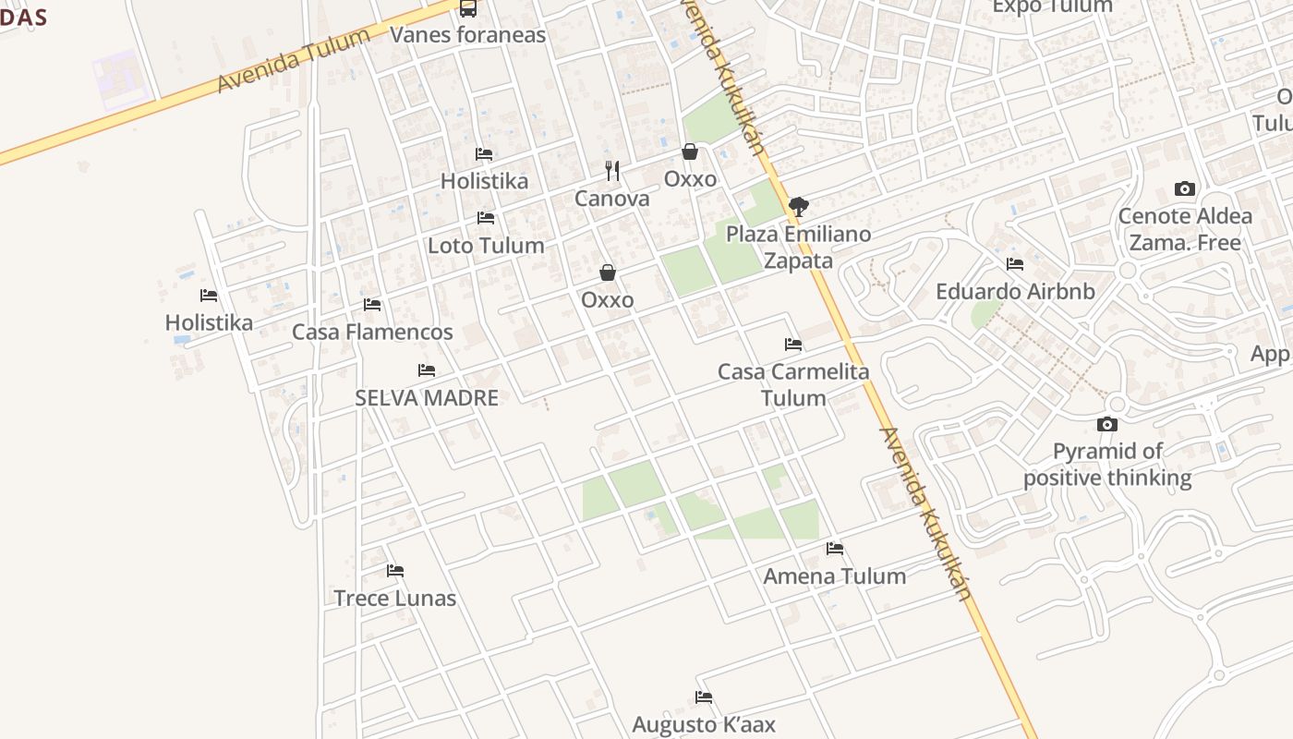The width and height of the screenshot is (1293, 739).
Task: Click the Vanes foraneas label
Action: [x=467, y=35]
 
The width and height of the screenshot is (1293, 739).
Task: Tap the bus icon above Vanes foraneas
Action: [x=468, y=8]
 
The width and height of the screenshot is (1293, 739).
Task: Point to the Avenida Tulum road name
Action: [x=294, y=59]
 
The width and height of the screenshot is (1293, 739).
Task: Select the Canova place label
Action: [x=611, y=199]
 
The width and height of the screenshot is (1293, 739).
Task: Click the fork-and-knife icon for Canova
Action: [x=611, y=171]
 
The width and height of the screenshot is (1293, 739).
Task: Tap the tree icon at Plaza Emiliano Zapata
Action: [x=799, y=206]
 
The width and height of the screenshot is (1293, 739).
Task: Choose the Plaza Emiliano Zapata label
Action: [x=798, y=247]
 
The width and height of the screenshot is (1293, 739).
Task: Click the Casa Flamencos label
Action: [x=372, y=332]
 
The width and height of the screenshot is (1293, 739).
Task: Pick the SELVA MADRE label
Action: [x=427, y=398]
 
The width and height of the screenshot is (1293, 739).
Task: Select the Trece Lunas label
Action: [x=394, y=598]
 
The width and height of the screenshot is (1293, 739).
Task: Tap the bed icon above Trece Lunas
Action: [x=395, y=571]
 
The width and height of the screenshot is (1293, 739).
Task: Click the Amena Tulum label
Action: [x=834, y=575]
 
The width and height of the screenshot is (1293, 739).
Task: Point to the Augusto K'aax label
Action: [x=704, y=724]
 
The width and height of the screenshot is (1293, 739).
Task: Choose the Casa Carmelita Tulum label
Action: [x=793, y=384]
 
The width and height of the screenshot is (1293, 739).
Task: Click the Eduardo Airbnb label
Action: [x=1015, y=291]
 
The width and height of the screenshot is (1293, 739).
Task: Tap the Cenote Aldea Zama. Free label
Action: [x=1185, y=229]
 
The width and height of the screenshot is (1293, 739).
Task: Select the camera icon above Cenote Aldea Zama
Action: [x=1184, y=189]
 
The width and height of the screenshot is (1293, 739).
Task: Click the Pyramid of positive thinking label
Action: [x=1107, y=465]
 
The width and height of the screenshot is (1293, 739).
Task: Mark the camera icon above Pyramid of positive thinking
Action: [x=1106, y=425]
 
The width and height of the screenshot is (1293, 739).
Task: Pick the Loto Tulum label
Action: [x=486, y=245]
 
